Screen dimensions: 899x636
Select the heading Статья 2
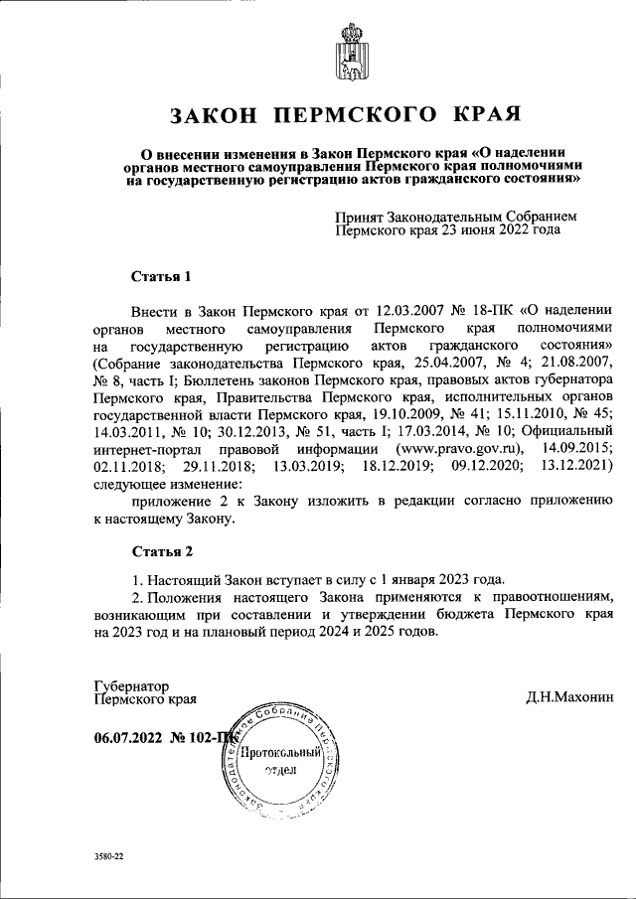[160, 549]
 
